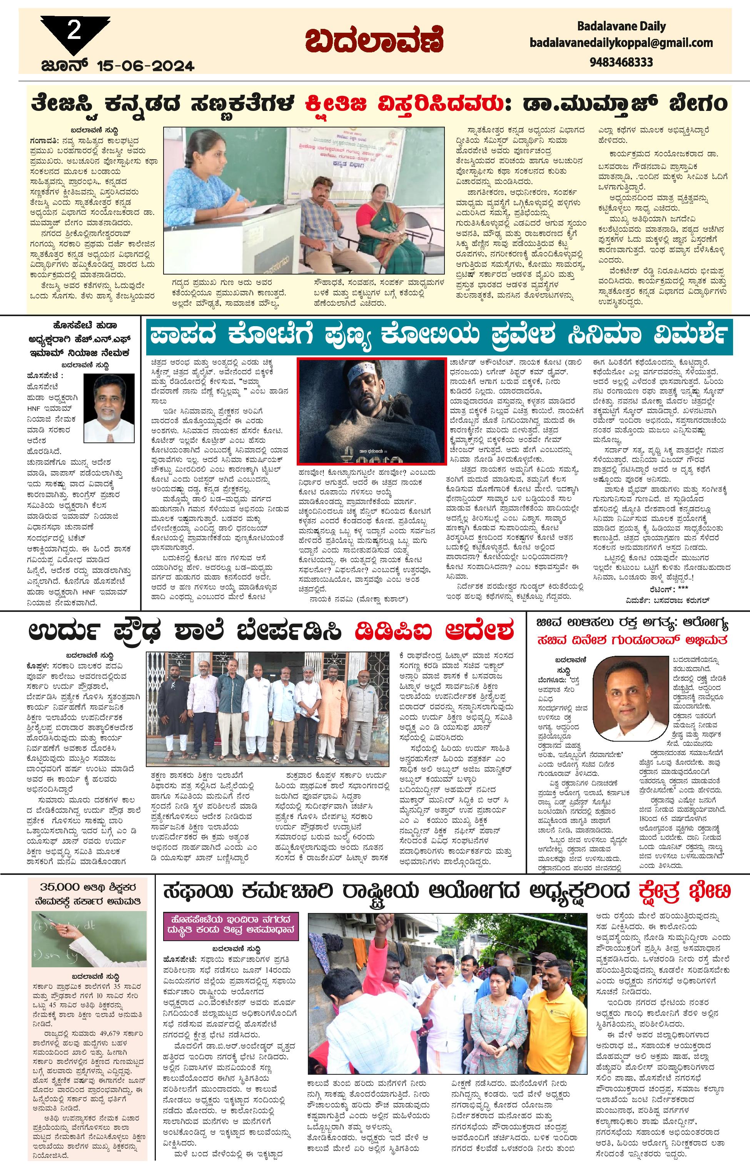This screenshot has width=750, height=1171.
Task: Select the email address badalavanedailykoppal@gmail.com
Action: [621, 43]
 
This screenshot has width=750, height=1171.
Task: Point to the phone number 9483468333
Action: [621, 62]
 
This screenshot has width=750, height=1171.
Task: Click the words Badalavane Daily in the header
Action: [621, 26]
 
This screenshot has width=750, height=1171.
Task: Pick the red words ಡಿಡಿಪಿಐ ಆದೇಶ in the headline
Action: [434, 631]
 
